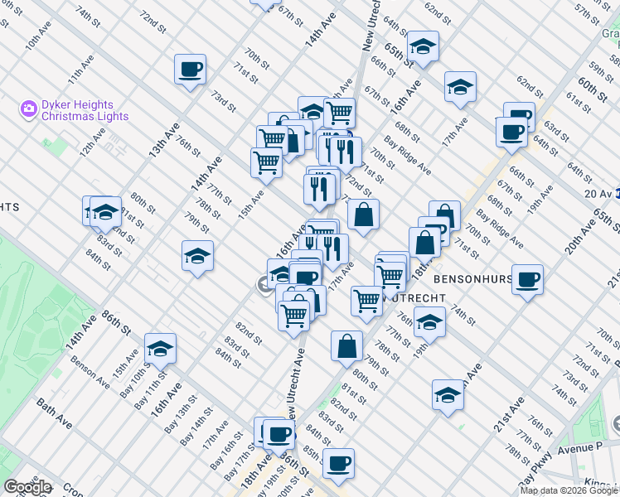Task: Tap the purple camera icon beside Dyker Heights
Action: (x=29, y=109)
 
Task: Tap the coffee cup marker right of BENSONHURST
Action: (x=527, y=279)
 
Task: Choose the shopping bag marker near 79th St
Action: (x=346, y=346)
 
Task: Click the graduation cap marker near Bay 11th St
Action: (x=160, y=349)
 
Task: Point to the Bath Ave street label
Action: (x=55, y=413)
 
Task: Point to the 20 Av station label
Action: (x=597, y=193)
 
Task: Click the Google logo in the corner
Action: (x=27, y=487)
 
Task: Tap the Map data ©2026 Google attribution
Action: (x=569, y=490)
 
